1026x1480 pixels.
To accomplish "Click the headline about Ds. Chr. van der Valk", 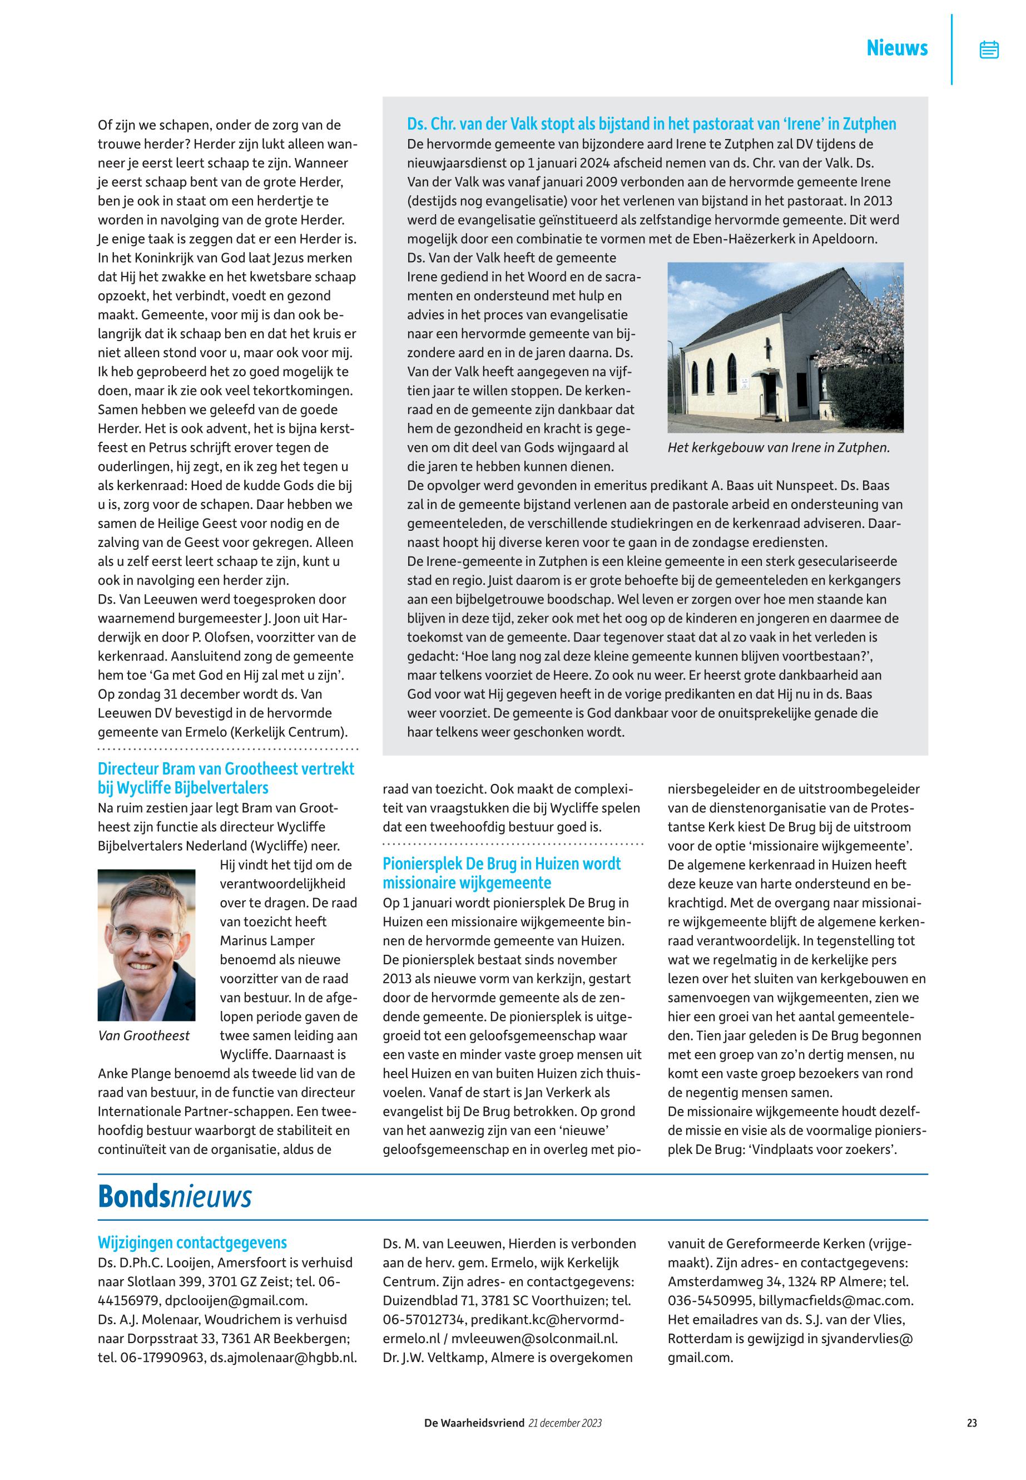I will click(x=651, y=124).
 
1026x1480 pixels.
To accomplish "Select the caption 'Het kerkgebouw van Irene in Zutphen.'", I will click(x=779, y=448).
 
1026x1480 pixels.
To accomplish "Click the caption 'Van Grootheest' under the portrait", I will click(x=144, y=1035).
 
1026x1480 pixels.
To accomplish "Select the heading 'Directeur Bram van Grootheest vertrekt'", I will click(x=226, y=768).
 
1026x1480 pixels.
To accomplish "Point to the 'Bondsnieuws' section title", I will click(x=174, y=1197).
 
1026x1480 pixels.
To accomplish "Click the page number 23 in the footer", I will click(x=972, y=1423).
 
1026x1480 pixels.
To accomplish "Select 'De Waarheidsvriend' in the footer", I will click(x=474, y=1423).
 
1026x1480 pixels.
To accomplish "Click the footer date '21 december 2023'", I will click(x=565, y=1423).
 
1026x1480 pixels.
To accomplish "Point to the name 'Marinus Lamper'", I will click(x=267, y=940).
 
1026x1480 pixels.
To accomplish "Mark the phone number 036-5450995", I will click(x=708, y=1300).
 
